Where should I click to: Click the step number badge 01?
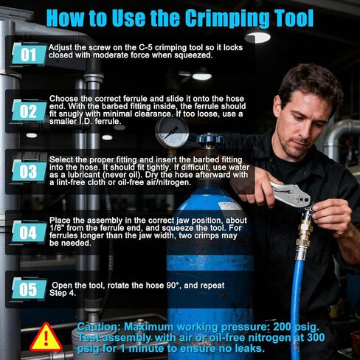[29, 55]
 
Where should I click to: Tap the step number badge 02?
[29, 111]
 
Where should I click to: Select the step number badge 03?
[29, 171]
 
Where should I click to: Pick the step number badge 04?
[29, 232]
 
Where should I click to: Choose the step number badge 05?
[29, 289]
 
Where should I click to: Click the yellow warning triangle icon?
[46, 337]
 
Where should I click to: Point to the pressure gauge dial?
[172, 132]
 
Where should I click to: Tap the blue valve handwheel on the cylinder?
[210, 139]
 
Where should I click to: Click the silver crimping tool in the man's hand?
[290, 193]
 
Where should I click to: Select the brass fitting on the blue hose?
[304, 234]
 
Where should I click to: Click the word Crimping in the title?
[226, 18]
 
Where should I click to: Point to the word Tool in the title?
[293, 18]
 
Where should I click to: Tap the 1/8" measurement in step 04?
[57, 228]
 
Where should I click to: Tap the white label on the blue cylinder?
[230, 205]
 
